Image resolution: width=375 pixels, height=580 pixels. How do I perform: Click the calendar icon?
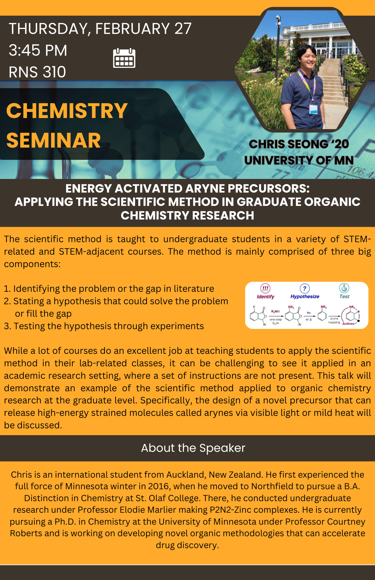pyautogui.click(x=124, y=58)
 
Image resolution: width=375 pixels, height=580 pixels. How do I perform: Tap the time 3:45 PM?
pyautogui.click(x=38, y=50)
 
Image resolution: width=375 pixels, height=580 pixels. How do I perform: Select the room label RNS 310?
pyautogui.click(x=37, y=72)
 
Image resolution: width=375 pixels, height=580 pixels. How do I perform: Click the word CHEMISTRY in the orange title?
pyautogui.click(x=67, y=111)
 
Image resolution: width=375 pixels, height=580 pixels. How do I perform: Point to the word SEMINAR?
pyautogui.click(x=54, y=140)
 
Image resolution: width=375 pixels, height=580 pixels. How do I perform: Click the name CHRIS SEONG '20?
pyautogui.click(x=299, y=144)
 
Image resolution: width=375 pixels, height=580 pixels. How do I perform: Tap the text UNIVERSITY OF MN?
pyautogui.click(x=299, y=160)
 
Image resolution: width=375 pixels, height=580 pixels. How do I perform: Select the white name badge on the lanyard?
pyautogui.click(x=313, y=109)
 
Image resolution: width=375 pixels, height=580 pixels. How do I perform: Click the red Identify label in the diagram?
pyautogui.click(x=265, y=297)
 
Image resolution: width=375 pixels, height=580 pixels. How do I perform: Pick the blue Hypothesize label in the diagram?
pyautogui.click(x=305, y=297)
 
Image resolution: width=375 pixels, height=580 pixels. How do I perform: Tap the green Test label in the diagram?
pyautogui.click(x=344, y=296)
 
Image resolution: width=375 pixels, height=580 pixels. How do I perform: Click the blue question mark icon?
pyautogui.click(x=305, y=288)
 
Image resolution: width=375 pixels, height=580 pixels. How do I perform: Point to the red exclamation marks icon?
pyautogui.click(x=265, y=288)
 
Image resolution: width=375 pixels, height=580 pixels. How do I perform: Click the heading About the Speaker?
pyautogui.click(x=193, y=448)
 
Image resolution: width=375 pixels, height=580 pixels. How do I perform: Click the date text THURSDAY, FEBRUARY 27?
pyautogui.click(x=100, y=29)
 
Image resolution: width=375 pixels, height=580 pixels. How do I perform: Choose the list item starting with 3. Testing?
pyautogui.click(x=104, y=326)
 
